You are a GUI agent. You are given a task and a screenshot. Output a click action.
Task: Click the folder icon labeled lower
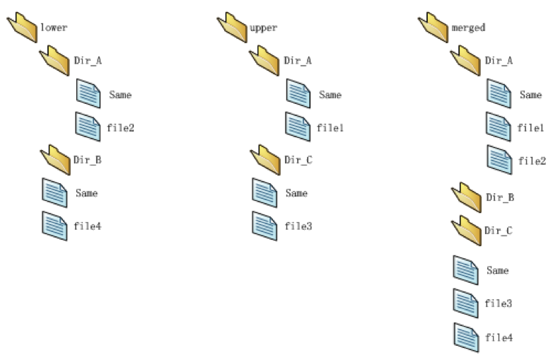[22, 28]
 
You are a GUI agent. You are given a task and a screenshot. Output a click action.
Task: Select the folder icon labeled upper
[232, 28]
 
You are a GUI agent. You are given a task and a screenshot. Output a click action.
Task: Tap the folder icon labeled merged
[433, 28]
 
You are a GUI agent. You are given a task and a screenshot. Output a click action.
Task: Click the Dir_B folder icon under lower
[55, 160]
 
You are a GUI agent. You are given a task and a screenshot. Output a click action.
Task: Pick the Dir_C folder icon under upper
[265, 160]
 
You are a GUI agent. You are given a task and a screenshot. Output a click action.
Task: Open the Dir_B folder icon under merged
[466, 197]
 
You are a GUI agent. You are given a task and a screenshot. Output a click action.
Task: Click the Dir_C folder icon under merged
[466, 231]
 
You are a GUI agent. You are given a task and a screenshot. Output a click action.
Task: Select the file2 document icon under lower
[88, 127]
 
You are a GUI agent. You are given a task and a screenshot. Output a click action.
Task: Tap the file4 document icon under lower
[54, 226]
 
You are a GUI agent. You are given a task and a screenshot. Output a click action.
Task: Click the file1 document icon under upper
[298, 127]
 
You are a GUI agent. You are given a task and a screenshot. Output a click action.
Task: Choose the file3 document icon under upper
[265, 226]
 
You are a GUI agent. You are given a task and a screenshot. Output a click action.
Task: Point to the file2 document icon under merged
[499, 160]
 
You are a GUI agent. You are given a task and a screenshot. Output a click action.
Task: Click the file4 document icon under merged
[466, 337]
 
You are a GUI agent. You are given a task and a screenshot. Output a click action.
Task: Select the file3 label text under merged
[498, 303]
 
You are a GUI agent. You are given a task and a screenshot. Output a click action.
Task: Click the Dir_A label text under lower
[88, 61]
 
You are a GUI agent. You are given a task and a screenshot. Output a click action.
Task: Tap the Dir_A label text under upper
[298, 61]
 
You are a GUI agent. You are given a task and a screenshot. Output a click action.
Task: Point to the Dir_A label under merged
[499, 61]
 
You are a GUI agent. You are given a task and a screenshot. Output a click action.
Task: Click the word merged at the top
[468, 28]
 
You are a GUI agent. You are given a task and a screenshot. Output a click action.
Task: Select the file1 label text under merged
[530, 128]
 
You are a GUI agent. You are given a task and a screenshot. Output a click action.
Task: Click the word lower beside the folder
[54, 28]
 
